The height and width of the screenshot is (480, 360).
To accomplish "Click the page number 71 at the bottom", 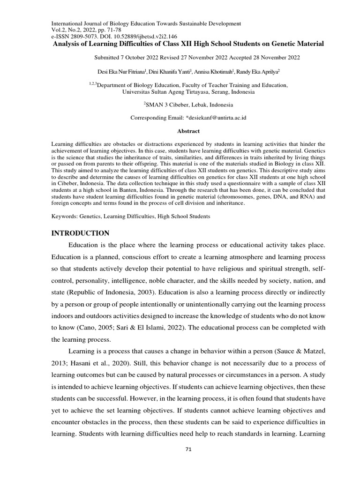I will coord(188,449).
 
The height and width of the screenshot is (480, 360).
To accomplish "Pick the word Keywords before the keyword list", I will coord(63,217).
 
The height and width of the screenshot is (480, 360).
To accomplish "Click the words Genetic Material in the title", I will coord(299,44).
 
